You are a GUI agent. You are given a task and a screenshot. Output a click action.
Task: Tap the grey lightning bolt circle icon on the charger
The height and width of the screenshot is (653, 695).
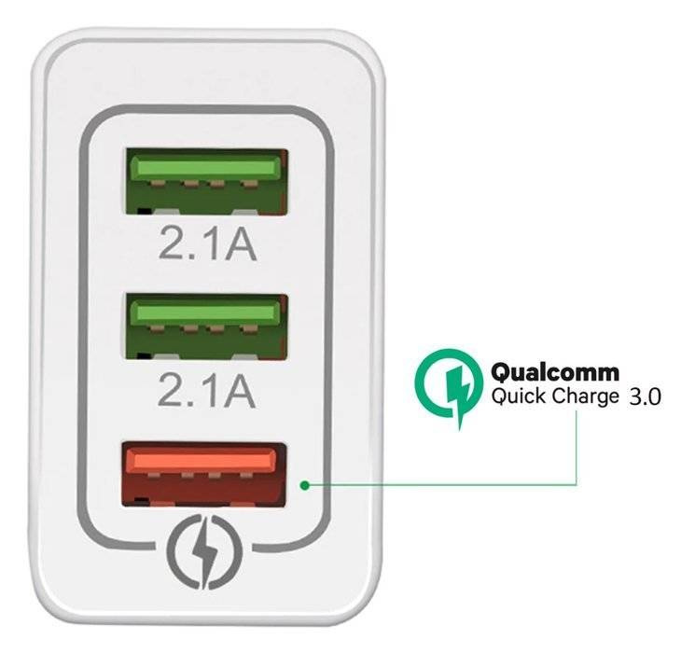205,550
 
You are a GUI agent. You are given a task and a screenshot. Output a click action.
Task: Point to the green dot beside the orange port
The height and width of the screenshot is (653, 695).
304,485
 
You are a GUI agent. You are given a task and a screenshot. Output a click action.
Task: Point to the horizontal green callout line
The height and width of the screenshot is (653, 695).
438,485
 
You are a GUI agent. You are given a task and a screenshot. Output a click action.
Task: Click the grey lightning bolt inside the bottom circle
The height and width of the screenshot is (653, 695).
205,550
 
